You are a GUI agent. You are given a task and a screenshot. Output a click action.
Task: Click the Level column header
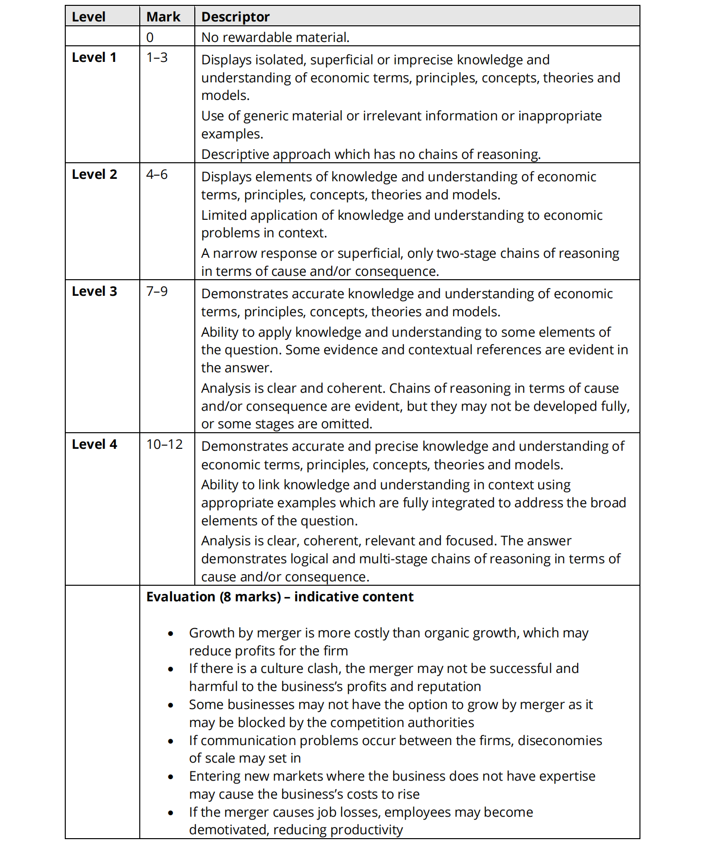click(x=89, y=17)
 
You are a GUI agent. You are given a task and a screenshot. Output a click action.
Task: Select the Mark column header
click(x=163, y=17)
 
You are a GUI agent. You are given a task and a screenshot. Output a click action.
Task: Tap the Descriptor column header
click(x=235, y=17)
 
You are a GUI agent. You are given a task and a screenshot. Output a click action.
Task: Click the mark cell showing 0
click(x=150, y=37)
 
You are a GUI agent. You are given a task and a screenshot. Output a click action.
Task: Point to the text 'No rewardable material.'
click(x=275, y=37)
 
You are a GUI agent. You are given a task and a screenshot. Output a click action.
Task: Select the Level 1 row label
click(x=94, y=58)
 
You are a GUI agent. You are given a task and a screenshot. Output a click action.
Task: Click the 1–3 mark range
click(x=157, y=58)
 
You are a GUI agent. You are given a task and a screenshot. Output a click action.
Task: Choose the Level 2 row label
click(x=94, y=174)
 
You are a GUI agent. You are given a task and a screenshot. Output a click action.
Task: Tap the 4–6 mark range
click(x=157, y=174)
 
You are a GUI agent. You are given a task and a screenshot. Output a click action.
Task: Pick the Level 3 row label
click(x=94, y=291)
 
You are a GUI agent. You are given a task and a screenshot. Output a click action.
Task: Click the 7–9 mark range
click(x=157, y=291)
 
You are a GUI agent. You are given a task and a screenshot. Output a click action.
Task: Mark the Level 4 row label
click(x=94, y=444)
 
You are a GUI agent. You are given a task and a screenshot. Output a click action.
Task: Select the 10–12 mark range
click(x=165, y=444)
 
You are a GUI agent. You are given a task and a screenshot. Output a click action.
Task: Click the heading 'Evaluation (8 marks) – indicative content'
click(x=280, y=597)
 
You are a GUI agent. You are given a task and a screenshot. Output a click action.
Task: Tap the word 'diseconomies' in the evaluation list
click(x=560, y=741)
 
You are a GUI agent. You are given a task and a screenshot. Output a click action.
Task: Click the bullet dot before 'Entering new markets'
click(x=170, y=777)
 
